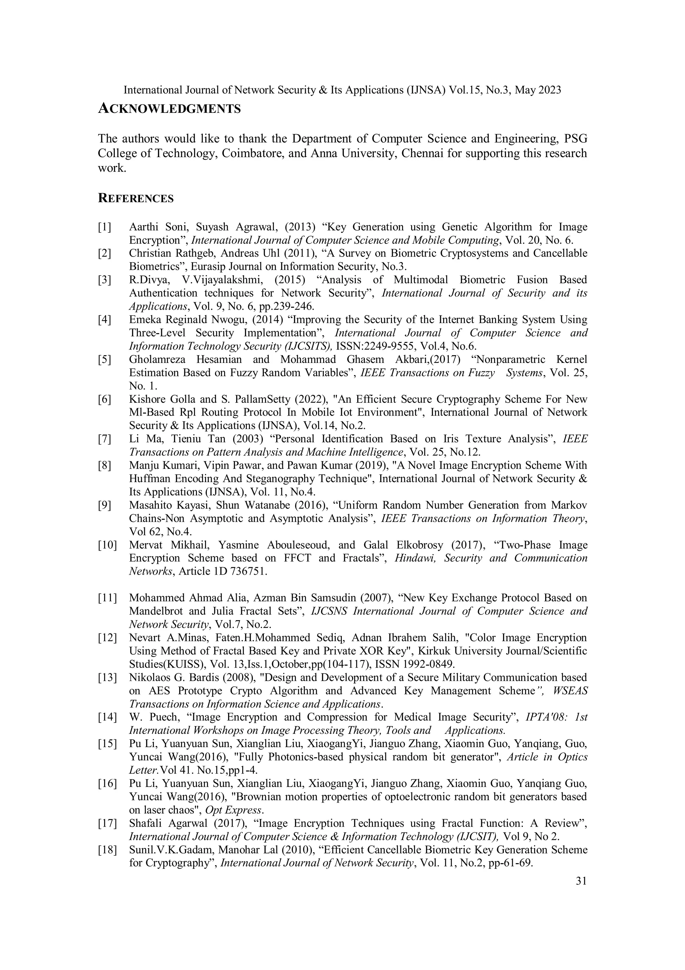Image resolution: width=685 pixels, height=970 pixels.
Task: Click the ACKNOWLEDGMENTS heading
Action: coord(169,109)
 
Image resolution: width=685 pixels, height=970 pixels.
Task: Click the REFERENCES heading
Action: coord(135,199)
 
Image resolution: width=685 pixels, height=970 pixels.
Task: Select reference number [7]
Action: coord(104,439)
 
